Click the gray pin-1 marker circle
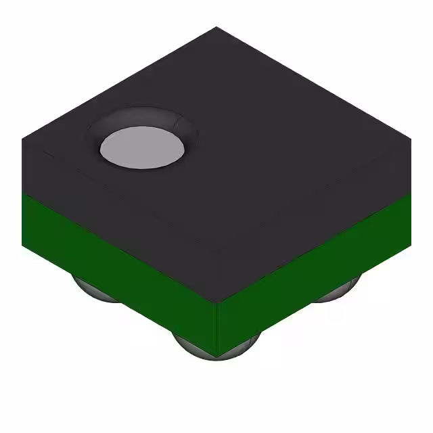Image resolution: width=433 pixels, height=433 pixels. [143, 148]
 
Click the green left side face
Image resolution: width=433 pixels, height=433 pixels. [115, 264]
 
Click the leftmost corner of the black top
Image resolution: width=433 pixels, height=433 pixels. [22, 139]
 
